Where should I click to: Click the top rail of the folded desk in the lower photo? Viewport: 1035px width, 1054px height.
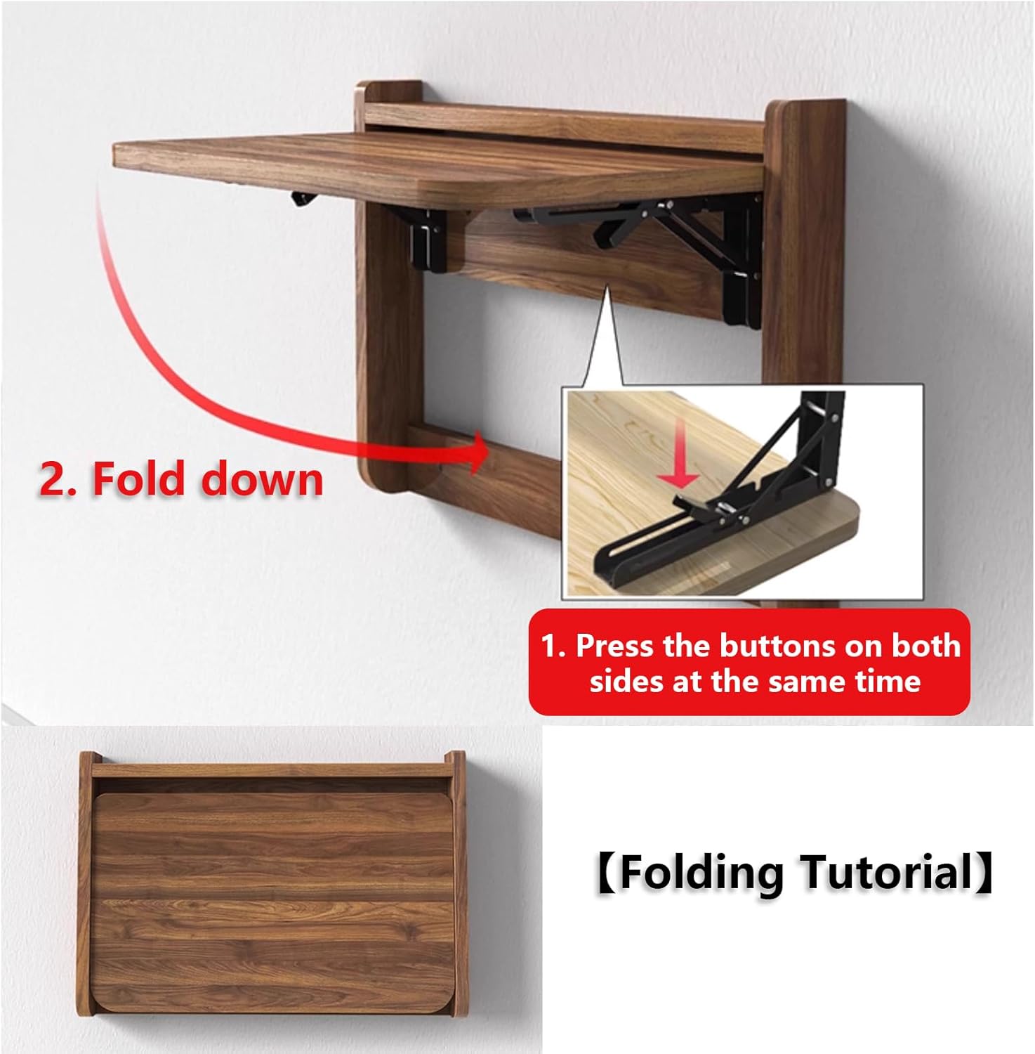pyautogui.click(x=270, y=770)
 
